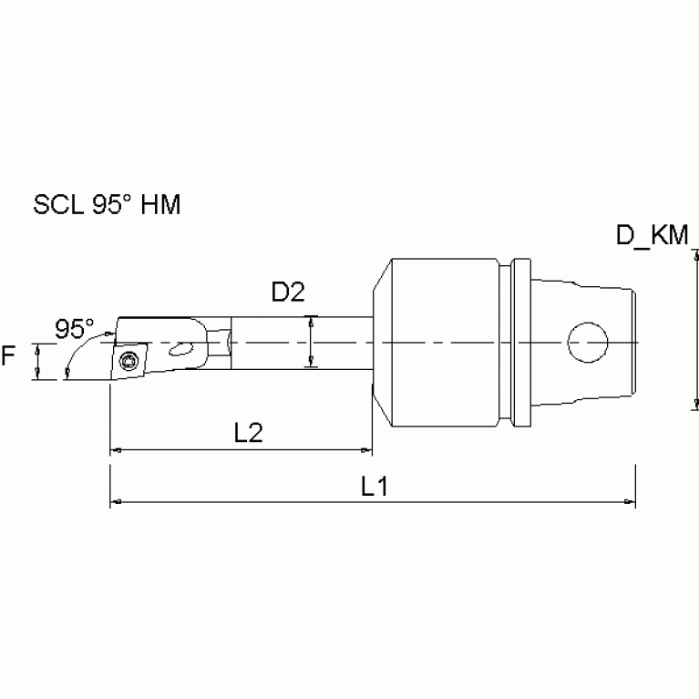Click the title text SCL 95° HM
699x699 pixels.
coord(107,205)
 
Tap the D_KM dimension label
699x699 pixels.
coord(653,235)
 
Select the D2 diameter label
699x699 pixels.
coord(288,293)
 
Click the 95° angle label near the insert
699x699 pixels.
coord(74,328)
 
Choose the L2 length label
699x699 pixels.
coord(248,433)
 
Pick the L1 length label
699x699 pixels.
coord(374,487)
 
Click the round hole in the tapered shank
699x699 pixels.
coord(588,344)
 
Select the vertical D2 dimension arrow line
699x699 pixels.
coord(312,343)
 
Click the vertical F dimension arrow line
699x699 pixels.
coord(36,362)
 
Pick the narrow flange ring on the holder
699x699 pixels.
coord(519,344)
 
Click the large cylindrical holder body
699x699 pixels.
coord(442,344)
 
